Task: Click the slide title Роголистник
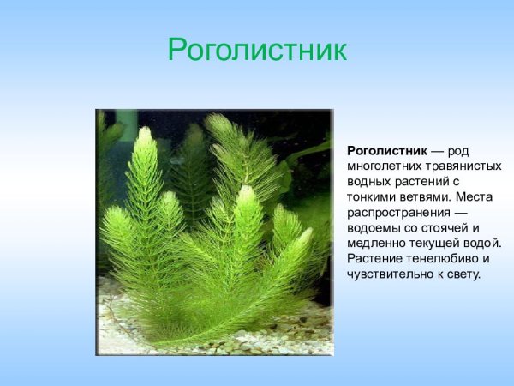[x=257, y=50]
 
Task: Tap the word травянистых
[x=464, y=166]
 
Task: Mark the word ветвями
[x=428, y=197]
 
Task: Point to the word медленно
[x=376, y=244]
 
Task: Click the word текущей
[x=436, y=244]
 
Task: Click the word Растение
[x=377, y=259]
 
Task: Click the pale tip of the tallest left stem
[x=145, y=136]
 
